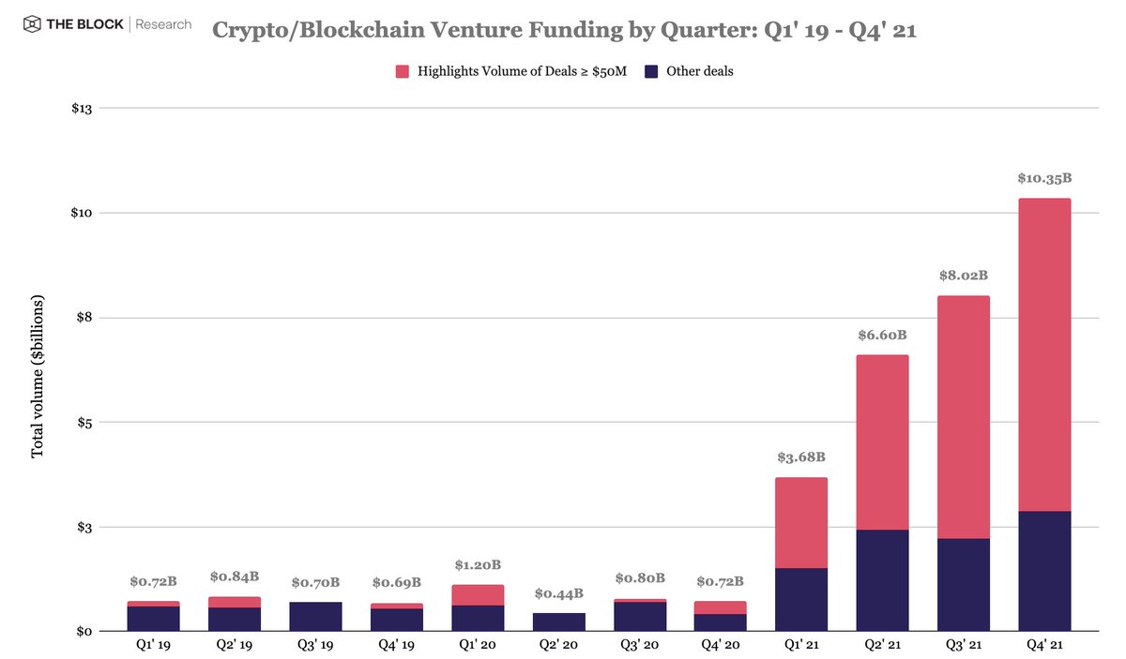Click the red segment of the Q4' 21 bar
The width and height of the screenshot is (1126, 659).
click(x=1044, y=354)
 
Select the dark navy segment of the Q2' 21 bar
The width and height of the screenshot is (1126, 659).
click(x=882, y=580)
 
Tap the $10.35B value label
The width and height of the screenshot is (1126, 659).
click(x=1044, y=178)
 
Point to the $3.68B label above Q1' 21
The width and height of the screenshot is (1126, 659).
click(x=801, y=457)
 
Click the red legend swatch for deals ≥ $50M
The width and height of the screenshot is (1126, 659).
click(x=403, y=71)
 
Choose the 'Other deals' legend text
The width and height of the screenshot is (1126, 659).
click(x=699, y=71)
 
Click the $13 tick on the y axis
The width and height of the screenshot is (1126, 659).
click(x=83, y=109)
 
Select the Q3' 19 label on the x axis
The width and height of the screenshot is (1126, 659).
click(x=315, y=645)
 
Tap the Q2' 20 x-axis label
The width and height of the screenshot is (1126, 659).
click(x=558, y=645)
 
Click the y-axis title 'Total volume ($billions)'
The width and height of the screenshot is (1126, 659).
click(x=38, y=380)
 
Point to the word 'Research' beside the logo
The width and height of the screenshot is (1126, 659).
click(x=163, y=24)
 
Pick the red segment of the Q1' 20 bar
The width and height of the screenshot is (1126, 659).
click(x=478, y=595)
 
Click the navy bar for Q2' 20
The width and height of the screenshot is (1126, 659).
click(x=558, y=622)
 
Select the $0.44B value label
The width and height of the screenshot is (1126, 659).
click(x=558, y=593)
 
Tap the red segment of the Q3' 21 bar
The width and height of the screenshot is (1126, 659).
click(x=963, y=417)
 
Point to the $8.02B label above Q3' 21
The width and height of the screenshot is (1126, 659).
click(x=963, y=277)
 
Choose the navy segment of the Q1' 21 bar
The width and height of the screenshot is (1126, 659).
click(x=801, y=600)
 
